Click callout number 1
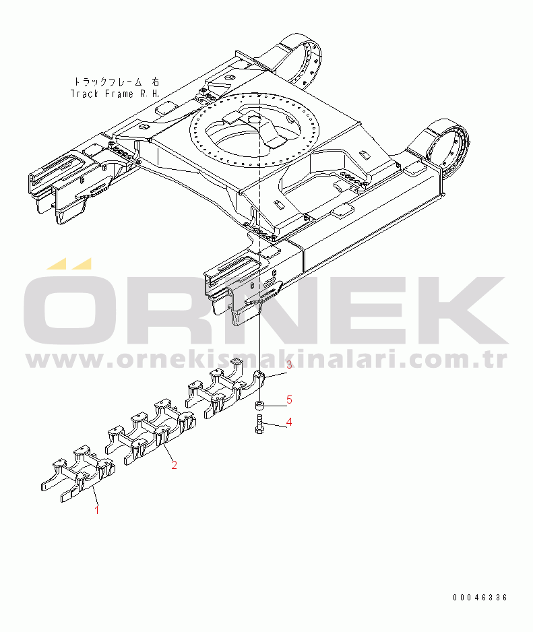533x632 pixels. pyautogui.click(x=96, y=510)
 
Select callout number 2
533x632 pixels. pyautogui.click(x=174, y=465)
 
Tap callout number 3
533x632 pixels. pyautogui.click(x=288, y=366)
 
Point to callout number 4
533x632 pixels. pyautogui.click(x=288, y=422)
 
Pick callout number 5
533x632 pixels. pyautogui.click(x=288, y=400)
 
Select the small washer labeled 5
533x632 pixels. pyautogui.click(x=259, y=406)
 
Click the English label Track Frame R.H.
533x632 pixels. pyautogui.click(x=115, y=94)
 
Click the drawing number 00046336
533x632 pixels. pyautogui.click(x=480, y=597)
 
